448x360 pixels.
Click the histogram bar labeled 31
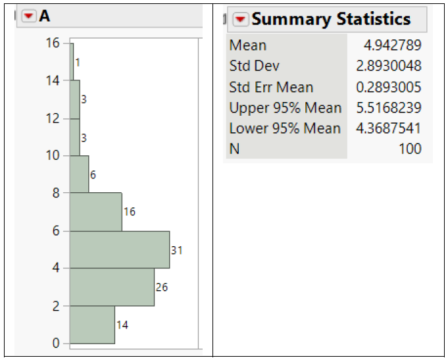[x=120, y=249]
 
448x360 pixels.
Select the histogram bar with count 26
[x=112, y=287]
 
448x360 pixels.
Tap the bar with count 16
[x=96, y=212]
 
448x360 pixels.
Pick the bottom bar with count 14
[x=92, y=324]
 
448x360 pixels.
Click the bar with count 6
[x=80, y=174]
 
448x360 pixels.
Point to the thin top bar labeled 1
[x=72, y=62]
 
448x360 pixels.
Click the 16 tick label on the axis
[x=52, y=43]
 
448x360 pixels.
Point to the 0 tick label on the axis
[x=56, y=344]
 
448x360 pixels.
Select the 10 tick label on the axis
[x=52, y=156]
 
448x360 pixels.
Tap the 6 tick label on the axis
[x=56, y=231]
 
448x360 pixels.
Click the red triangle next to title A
[x=29, y=16]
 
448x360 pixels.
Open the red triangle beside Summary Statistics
[x=241, y=20]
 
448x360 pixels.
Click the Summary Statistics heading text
[x=331, y=19]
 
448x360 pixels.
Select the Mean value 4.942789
[x=393, y=45]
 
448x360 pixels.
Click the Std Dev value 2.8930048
[x=389, y=66]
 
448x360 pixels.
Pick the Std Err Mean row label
[x=271, y=88]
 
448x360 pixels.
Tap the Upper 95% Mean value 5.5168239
[x=389, y=108]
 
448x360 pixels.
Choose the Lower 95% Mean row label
[x=285, y=128]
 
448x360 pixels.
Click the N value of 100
[x=410, y=149]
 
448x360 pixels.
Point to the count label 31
[x=176, y=250]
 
